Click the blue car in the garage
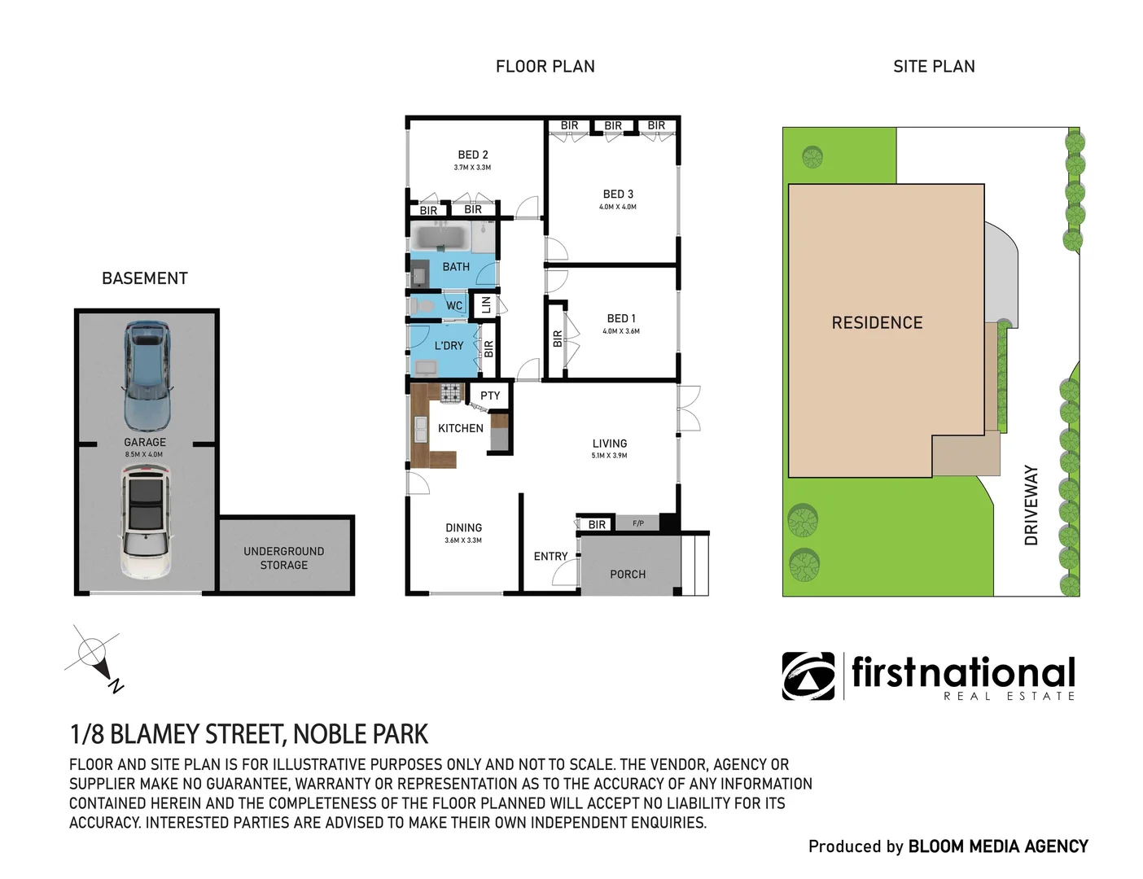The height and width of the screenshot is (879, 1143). [147, 376]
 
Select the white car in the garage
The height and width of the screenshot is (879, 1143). [147, 522]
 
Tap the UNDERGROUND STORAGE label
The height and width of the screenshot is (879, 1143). [283, 558]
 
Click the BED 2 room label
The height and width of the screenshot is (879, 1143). [473, 155]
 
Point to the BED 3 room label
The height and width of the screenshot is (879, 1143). [618, 194]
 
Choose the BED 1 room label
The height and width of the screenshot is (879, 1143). [621, 318]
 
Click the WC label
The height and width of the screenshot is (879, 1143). [454, 306]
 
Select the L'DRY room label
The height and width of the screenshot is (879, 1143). [449, 345]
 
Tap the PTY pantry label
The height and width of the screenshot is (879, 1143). [490, 396]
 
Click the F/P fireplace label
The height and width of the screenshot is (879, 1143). [638, 523]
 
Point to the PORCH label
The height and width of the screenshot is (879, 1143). [628, 574]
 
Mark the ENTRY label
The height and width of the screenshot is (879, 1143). [550, 556]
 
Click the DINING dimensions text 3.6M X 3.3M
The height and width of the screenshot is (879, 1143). [463, 540]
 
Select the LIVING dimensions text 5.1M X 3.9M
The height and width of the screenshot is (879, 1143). [609, 456]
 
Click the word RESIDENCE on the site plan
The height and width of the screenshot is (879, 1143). [877, 323]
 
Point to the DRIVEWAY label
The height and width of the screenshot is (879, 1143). [1031, 505]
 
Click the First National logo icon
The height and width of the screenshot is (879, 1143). [808, 676]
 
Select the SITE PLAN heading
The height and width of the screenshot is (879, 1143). [934, 67]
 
